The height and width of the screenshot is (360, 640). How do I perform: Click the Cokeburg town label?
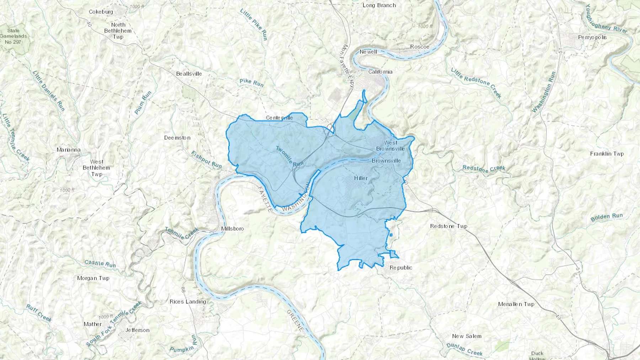coord(101,12)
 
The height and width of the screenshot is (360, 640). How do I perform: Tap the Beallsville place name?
coord(189,74)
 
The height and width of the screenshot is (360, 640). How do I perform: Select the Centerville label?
coord(279,118)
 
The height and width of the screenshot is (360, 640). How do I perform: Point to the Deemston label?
coord(177,138)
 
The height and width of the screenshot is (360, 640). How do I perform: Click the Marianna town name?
coord(69,150)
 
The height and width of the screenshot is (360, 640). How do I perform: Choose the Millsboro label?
coord(233,229)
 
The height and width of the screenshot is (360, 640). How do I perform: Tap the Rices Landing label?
coord(188,301)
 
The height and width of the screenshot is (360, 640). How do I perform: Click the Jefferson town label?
coord(137,330)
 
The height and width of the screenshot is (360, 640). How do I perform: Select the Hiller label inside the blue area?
coord(361,178)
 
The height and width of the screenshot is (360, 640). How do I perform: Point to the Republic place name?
coord(401,268)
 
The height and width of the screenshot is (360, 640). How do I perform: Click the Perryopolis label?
coord(592,37)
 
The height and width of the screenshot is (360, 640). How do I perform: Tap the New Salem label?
coord(466,336)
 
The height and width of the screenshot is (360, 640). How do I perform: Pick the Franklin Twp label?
coord(607,154)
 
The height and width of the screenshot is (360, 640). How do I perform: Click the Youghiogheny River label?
coord(606,19)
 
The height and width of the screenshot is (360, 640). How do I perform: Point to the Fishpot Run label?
coord(206,160)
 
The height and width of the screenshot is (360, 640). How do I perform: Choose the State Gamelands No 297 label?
coord(13,36)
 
